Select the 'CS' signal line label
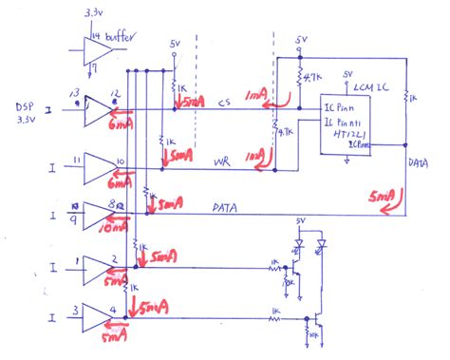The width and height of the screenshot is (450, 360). click(223, 104)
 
